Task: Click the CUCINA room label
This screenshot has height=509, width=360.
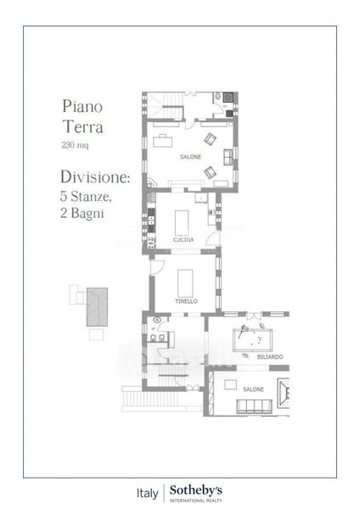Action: pos(183,239)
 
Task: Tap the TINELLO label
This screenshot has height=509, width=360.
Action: pos(186,301)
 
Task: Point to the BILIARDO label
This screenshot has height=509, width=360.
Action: pos(270,357)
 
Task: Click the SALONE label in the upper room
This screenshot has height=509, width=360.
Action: pos(191,157)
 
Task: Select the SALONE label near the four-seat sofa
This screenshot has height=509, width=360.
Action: pos(253,389)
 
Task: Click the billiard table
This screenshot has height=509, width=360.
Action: pos(252,340)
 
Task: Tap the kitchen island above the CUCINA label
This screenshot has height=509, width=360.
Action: pos(182,222)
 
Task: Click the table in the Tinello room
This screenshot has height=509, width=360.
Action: pos(185,283)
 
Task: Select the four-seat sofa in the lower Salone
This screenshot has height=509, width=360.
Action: pos(254,406)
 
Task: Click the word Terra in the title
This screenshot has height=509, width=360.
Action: pos(83,126)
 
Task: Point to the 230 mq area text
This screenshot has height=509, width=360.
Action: pos(75,145)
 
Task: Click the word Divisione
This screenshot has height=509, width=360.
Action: pos(95,177)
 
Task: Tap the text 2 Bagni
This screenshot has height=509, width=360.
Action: pos(82,213)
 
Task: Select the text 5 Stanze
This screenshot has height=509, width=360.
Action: pos(86,196)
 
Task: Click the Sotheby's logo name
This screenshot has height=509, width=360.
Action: pos(196,490)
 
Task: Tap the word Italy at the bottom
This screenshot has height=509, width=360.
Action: pos(148,494)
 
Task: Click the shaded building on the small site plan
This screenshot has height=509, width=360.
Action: pos(97,307)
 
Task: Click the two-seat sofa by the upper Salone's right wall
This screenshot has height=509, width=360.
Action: pos(228,157)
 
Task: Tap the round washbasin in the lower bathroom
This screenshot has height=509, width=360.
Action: pos(157,320)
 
